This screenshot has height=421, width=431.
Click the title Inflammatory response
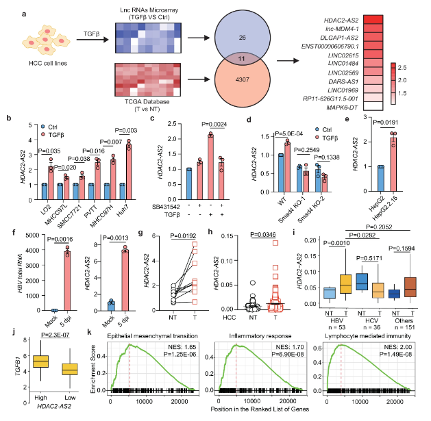251,335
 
